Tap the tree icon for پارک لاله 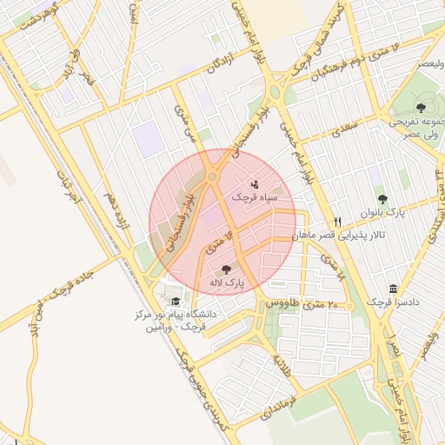(227, 269)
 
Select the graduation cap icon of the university (176, 301)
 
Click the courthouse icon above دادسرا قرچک (394, 289)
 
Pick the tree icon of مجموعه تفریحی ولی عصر (422, 108)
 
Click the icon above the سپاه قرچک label (256, 184)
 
